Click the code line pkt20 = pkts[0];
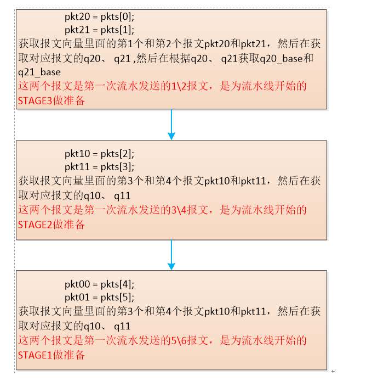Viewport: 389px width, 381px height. tap(99, 17)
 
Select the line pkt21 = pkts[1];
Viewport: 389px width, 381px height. tap(99, 30)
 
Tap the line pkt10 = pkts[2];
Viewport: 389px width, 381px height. tap(99, 153)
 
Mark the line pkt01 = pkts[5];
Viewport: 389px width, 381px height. tap(99, 297)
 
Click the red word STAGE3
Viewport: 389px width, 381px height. tap(35, 101)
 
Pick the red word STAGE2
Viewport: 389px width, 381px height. tap(35, 224)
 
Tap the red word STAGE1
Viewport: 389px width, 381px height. tap(35, 355)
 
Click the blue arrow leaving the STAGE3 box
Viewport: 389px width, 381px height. tap(171, 124)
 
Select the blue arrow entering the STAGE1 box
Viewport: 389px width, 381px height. tap(171, 255)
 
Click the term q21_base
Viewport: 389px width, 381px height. tap(39, 72)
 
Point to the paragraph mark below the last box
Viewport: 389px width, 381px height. tap(333, 371)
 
